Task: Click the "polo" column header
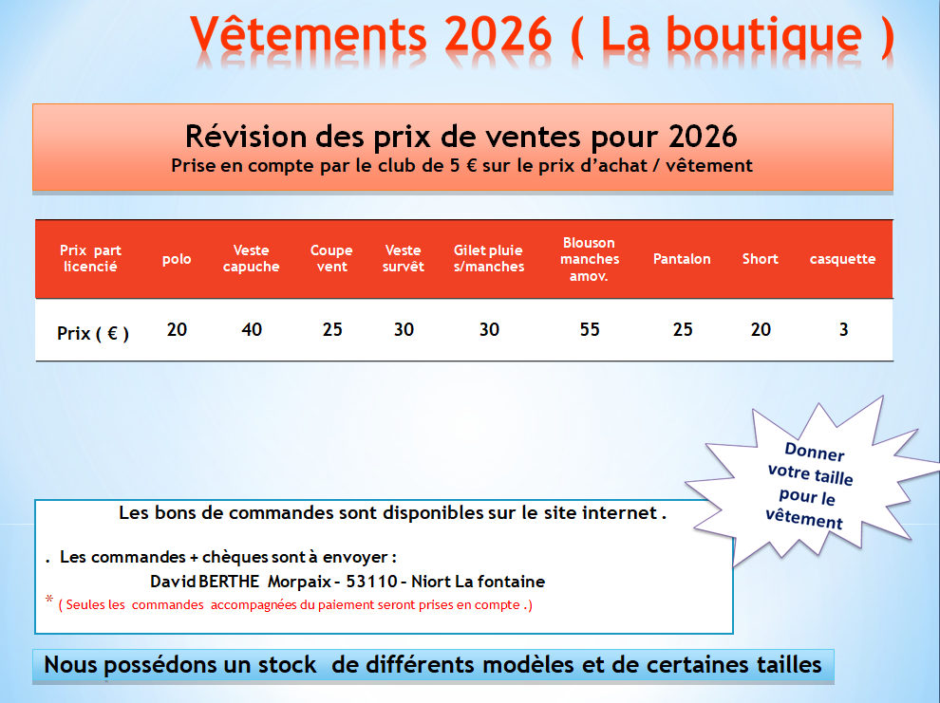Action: click(177, 259)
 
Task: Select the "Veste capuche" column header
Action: click(251, 259)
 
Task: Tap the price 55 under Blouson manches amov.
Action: click(590, 330)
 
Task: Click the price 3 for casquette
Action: click(843, 330)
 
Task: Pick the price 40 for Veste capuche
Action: click(252, 330)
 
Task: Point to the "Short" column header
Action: click(760, 259)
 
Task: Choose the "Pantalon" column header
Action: click(682, 259)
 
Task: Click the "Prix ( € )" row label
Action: click(93, 333)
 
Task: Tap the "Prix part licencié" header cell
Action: click(90, 259)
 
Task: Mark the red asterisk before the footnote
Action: click(49, 601)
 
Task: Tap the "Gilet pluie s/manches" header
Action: click(489, 259)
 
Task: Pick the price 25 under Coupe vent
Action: click(332, 330)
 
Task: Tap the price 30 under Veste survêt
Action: click(404, 330)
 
